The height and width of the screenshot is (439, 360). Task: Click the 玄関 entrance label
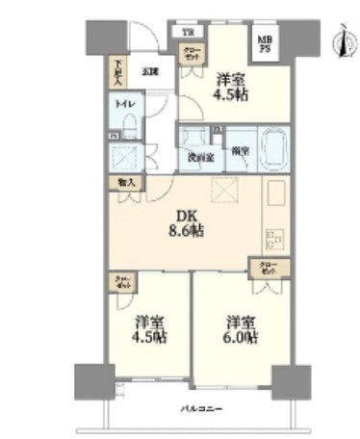tap(150, 70)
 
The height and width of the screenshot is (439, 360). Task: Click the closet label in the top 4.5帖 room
tap(193, 55)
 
